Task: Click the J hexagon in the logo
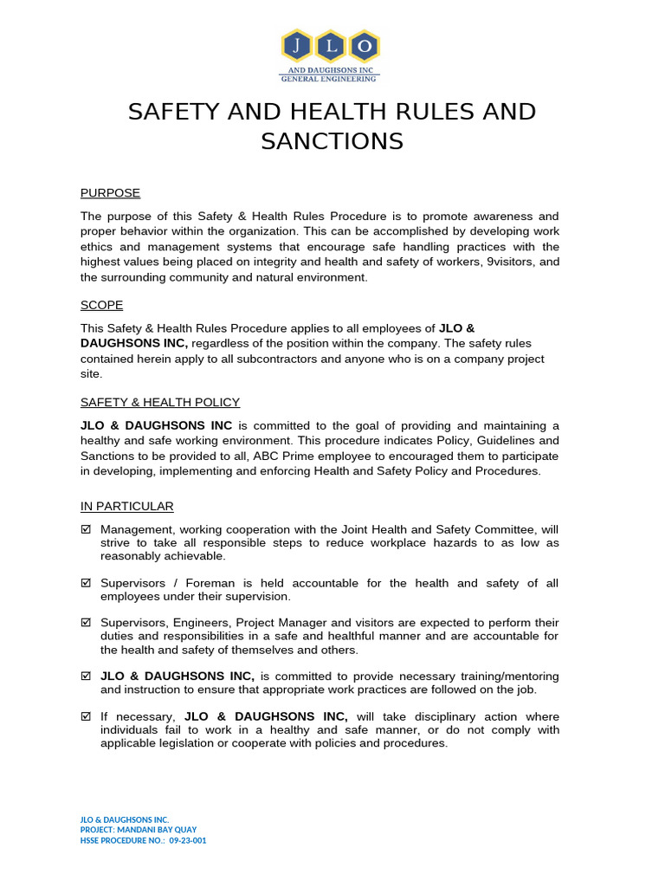[296, 46]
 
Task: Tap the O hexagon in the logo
[365, 46]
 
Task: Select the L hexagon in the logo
[331, 46]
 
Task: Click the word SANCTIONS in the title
[332, 140]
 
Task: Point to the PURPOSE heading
[110, 192]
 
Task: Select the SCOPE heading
[101, 305]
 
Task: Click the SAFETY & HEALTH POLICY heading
[160, 402]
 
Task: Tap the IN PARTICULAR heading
[127, 506]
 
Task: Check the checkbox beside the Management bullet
[86, 529]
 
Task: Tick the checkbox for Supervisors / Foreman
[86, 584]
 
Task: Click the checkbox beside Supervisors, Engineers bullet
[86, 623]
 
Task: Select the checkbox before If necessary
[86, 717]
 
